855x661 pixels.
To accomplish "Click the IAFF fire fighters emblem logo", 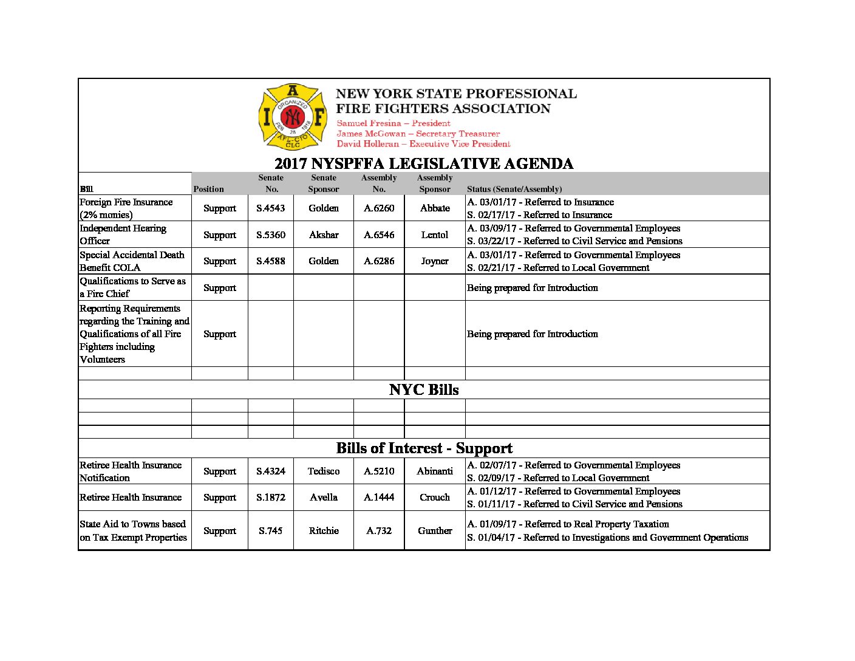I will (293, 116).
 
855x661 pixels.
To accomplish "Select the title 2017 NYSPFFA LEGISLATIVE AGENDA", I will (423, 164).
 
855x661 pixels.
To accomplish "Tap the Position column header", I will (208, 189).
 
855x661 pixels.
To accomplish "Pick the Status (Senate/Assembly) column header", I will (514, 189).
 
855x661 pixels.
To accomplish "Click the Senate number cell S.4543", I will (270, 208).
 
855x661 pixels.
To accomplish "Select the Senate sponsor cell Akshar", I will (323, 235).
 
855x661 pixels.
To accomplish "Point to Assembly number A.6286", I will (379, 261).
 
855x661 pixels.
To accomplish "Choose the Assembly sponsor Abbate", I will (435, 208).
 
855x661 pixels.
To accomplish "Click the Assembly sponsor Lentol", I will (435, 235).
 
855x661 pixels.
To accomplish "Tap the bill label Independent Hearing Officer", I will (123, 235).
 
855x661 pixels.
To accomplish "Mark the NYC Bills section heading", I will (423, 389).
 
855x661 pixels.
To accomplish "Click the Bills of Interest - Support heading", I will (424, 448).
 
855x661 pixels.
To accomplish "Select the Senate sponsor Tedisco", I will (323, 471).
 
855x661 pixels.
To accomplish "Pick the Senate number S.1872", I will (270, 497).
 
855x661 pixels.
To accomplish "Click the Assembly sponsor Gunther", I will (435, 530).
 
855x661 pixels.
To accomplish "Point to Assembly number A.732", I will (379, 530).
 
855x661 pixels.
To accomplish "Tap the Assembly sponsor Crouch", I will (435, 497).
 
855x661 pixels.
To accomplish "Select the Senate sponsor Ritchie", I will (323, 530).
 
